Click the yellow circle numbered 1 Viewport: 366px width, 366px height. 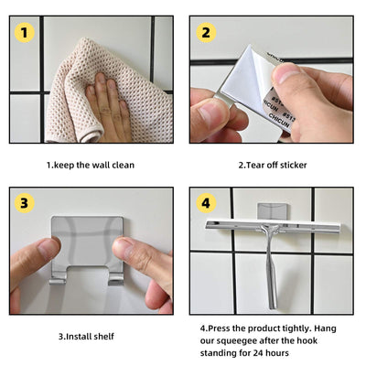pos(25,32)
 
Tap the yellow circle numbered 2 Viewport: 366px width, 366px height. pos(206,32)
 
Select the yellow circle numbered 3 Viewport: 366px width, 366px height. pos(25,203)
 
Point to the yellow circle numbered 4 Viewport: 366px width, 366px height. pos(206,203)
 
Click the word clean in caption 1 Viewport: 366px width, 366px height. pos(123,166)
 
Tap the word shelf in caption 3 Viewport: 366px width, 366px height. pos(104,337)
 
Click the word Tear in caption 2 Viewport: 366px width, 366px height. pos(255,166)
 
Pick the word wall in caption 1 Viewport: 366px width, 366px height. pos(101,166)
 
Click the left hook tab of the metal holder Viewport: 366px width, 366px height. pos(59,277)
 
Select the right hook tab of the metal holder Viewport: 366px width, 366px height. pos(115,278)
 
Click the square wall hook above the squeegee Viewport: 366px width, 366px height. pos(273,210)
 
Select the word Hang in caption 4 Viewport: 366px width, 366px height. pos(325,328)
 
